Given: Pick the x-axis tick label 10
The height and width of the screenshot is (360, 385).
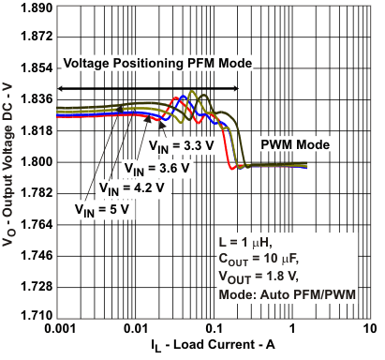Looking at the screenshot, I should [x=371, y=329].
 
